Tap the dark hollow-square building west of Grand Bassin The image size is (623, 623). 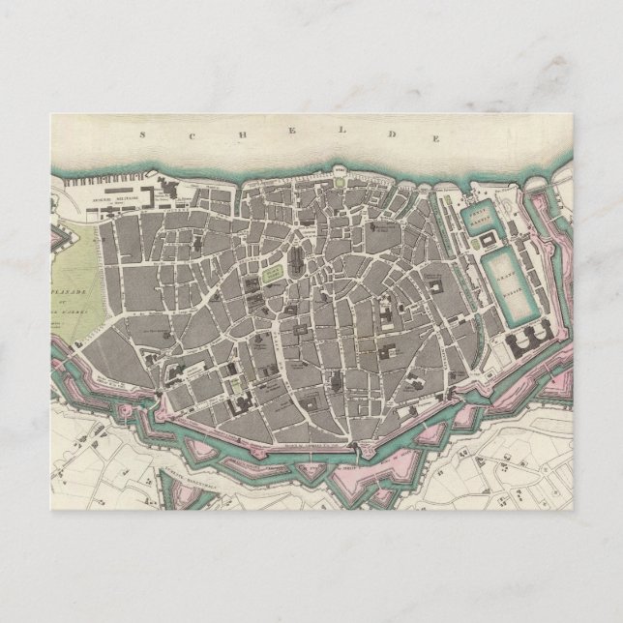(436, 290)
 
